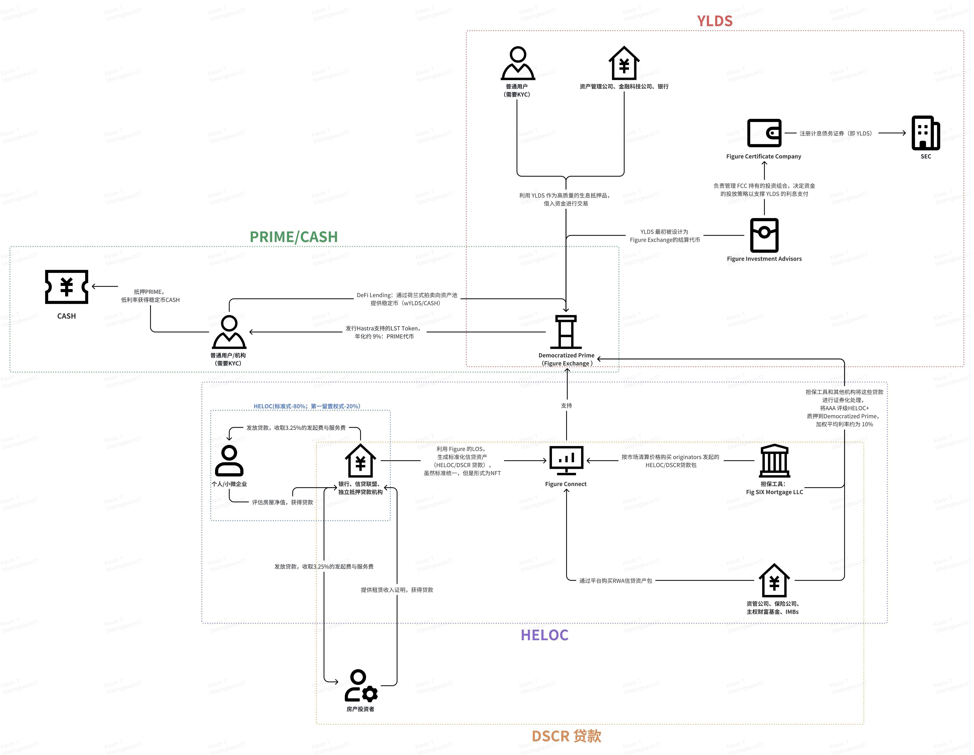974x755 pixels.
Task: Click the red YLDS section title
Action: pyautogui.click(x=714, y=21)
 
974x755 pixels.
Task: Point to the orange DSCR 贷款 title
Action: pyautogui.click(x=566, y=736)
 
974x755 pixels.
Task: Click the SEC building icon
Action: pyautogui.click(x=925, y=133)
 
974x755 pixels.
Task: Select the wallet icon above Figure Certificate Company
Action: pyautogui.click(x=764, y=133)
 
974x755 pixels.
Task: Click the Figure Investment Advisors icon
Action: pyautogui.click(x=764, y=235)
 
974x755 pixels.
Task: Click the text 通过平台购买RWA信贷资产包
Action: pyautogui.click(x=616, y=581)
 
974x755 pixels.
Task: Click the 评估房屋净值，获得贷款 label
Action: pyautogui.click(x=282, y=502)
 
